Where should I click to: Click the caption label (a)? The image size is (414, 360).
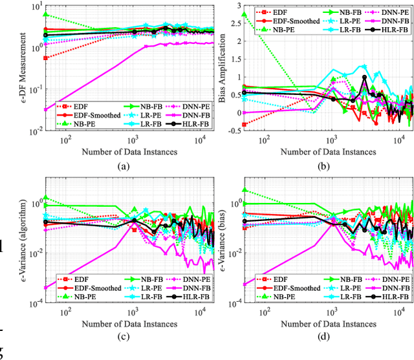click(122, 165)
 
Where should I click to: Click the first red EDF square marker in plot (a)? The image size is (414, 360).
click(45, 58)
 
